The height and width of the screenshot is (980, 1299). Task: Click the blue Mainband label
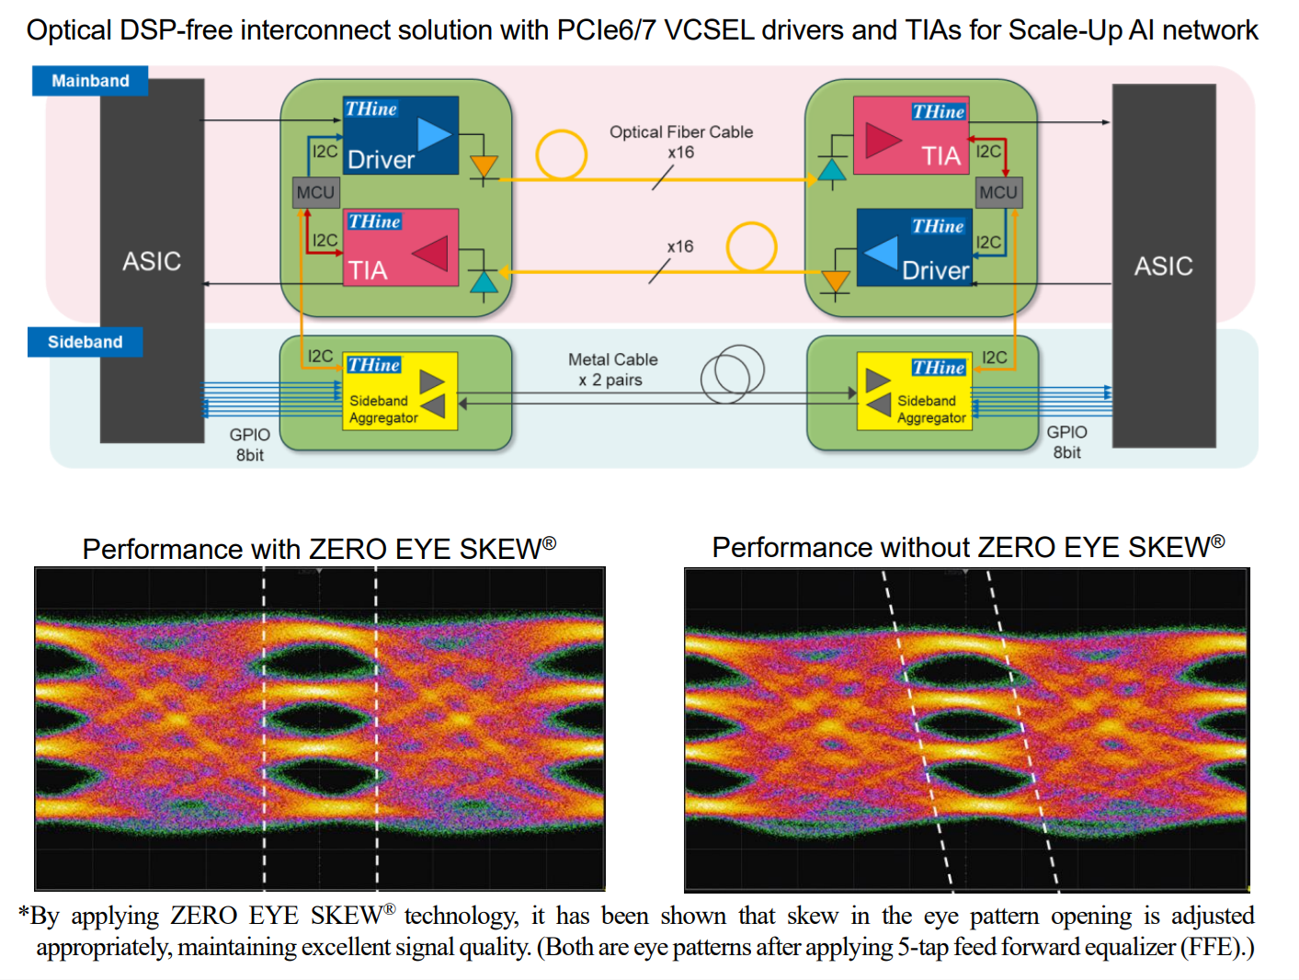tap(90, 81)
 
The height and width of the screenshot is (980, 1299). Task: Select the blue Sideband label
tap(85, 342)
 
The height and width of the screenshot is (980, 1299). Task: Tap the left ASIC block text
tap(152, 262)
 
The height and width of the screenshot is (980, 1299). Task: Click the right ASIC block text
tap(1163, 267)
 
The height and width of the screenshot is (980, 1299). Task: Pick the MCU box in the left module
tap(315, 192)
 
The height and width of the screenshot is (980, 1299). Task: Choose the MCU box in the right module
tap(998, 192)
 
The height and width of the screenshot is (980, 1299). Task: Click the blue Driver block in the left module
tap(401, 136)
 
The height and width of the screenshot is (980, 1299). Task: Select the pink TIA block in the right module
tap(911, 136)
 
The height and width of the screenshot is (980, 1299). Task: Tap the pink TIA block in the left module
tap(401, 248)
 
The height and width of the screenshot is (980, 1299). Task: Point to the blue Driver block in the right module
tap(914, 248)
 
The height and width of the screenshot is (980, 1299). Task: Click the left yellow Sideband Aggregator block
tap(400, 392)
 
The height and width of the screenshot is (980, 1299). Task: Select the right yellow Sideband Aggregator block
tap(914, 392)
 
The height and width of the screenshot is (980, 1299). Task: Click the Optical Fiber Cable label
tap(681, 132)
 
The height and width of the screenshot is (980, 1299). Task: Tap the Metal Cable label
tap(612, 360)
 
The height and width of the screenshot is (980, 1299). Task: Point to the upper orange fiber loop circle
tap(562, 154)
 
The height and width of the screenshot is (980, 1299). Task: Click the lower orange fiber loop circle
tap(751, 246)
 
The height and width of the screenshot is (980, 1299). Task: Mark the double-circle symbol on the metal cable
tap(732, 374)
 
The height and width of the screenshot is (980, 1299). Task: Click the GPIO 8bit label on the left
tap(250, 444)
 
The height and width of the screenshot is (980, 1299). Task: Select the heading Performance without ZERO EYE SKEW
tap(968, 548)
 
